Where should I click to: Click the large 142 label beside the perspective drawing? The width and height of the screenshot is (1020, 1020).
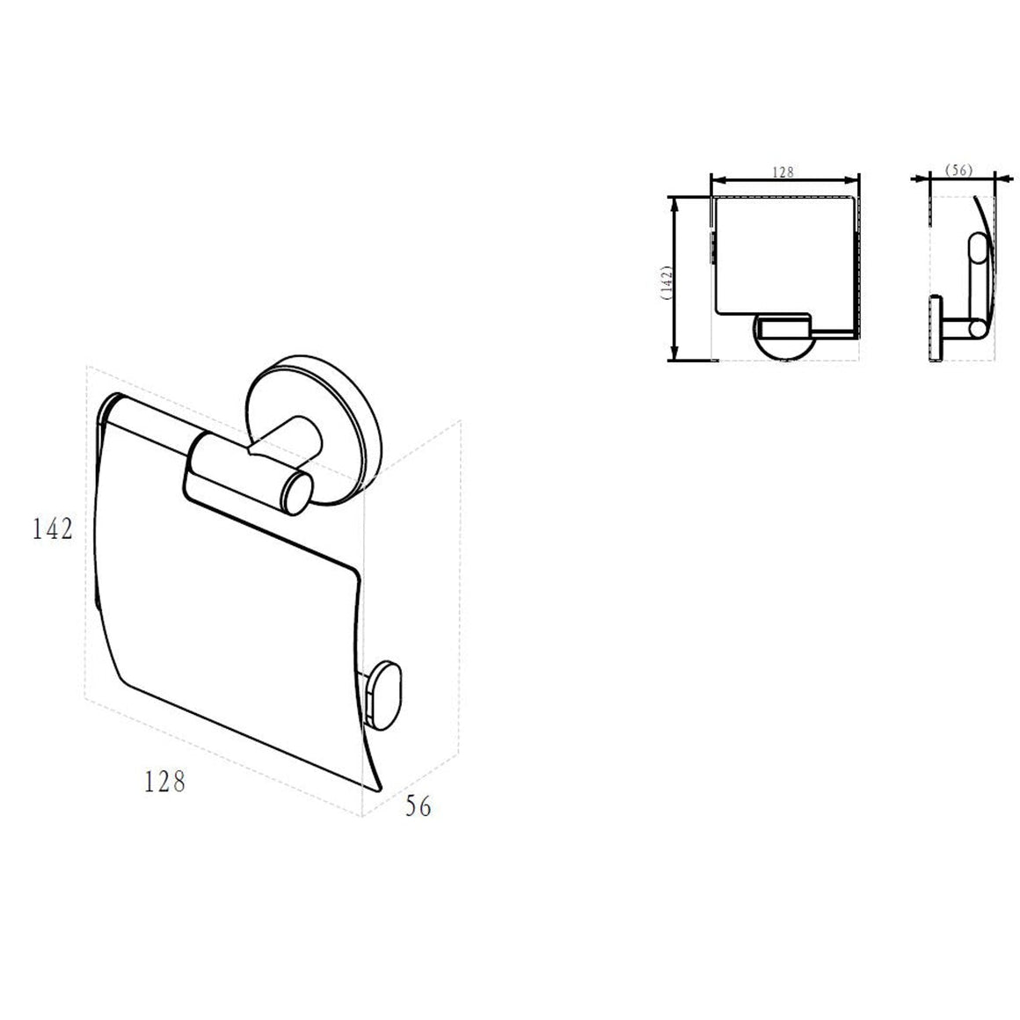(53, 528)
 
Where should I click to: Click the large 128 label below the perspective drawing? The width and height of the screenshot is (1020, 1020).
(164, 781)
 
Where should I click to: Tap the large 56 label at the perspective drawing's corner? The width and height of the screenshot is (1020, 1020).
(418, 806)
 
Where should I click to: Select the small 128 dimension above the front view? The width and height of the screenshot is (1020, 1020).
(783, 171)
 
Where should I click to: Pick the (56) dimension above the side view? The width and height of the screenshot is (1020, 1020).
(958, 170)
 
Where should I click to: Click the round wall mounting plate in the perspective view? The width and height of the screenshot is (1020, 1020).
(305, 430)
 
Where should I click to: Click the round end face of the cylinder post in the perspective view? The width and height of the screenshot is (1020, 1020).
(296, 496)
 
